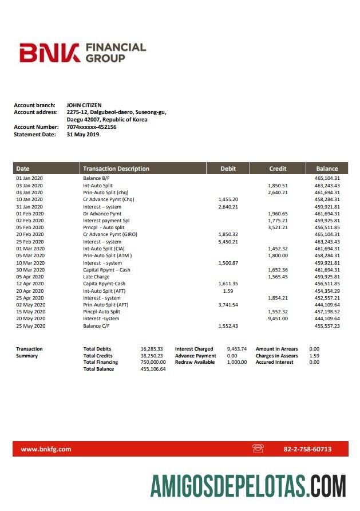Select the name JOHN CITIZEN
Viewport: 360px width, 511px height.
pyautogui.click(x=84, y=105)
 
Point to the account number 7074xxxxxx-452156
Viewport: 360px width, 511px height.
pyautogui.click(x=92, y=127)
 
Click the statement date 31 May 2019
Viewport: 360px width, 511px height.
pyautogui.click(x=83, y=135)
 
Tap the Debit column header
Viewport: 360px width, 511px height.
pyautogui.click(x=228, y=168)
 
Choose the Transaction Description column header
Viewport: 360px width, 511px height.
pyautogui.click(x=116, y=168)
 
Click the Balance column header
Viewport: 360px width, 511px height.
pyautogui.click(x=327, y=168)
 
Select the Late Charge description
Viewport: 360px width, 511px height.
pyautogui.click(x=96, y=277)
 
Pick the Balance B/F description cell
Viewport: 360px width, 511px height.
pyautogui.click(x=96, y=179)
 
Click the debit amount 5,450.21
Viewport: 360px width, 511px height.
pyautogui.click(x=228, y=242)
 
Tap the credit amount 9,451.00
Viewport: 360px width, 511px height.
pyautogui.click(x=278, y=319)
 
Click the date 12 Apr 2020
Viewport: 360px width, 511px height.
pyautogui.click(x=30, y=284)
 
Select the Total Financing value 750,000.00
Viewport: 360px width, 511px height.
pyautogui.click(x=153, y=362)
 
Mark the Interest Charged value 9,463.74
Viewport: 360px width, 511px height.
pyautogui.click(x=236, y=349)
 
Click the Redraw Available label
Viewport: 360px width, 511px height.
pyautogui.click(x=195, y=362)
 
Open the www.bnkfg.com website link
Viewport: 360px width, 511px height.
pyautogui.click(x=46, y=449)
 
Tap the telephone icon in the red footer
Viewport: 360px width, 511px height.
pyautogui.click(x=258, y=449)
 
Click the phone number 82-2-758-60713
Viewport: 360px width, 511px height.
pyautogui.click(x=307, y=449)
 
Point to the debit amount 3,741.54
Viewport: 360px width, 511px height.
pyautogui.click(x=228, y=305)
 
